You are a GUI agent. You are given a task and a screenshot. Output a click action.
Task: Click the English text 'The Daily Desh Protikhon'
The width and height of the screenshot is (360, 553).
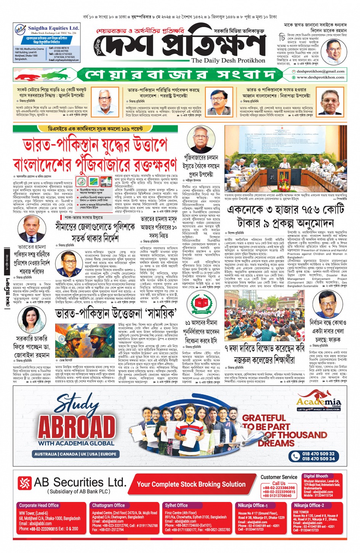pyautogui.click(x=228, y=61)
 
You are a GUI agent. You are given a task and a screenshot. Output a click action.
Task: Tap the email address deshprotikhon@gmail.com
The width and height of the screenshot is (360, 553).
pyautogui.click(x=320, y=71)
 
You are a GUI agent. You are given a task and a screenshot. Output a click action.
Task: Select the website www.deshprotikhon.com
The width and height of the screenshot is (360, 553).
pyautogui.click(x=320, y=77)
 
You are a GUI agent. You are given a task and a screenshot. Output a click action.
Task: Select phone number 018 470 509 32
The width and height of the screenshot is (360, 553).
pyautogui.click(x=318, y=454)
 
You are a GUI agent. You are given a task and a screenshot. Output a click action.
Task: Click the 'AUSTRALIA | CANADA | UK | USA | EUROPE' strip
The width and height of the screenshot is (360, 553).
pyautogui.click(x=75, y=454)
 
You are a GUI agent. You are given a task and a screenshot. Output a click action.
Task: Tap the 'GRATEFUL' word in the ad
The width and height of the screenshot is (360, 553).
pyautogui.click(x=264, y=418)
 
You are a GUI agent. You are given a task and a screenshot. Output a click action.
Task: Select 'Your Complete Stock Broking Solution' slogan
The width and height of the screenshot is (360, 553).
pyautogui.click(x=191, y=484)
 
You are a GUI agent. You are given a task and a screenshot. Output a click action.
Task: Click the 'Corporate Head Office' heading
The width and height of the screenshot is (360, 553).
pyautogui.click(x=39, y=505)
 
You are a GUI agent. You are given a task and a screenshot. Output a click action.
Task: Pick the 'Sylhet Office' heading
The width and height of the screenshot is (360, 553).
pyautogui.click(x=176, y=505)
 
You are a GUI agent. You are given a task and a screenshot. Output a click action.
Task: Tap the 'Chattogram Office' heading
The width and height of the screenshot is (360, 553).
pyautogui.click(x=108, y=505)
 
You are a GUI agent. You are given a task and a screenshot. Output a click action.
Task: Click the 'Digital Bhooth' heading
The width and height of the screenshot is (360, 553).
pyautogui.click(x=315, y=476)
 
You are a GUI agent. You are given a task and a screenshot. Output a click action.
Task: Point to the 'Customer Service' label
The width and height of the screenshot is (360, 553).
pyautogui.click(x=279, y=477)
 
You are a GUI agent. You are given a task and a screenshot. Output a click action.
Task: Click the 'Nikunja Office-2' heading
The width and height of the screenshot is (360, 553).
pyautogui.click(x=309, y=505)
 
